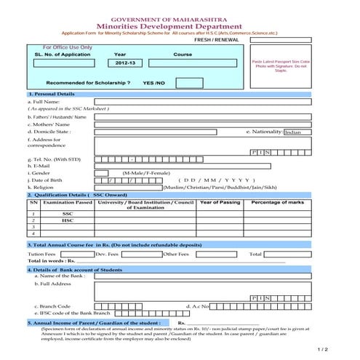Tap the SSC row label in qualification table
[68, 213]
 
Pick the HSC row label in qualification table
[68, 220]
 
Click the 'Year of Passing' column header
[220, 202]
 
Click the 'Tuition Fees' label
[41, 254]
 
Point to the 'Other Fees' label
[177, 254]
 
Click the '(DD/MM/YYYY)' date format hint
[217, 180]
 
